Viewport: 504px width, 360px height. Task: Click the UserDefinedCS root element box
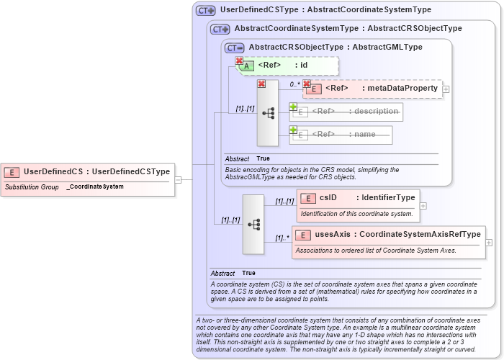click(87, 172)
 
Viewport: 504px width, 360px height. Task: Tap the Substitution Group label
click(32, 187)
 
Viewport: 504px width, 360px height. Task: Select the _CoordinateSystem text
click(95, 187)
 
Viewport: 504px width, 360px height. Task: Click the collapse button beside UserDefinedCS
click(178, 180)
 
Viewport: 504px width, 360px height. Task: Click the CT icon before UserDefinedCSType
click(206, 11)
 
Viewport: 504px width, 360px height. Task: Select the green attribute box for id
click(287, 66)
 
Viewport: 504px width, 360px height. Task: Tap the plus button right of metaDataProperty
click(446, 89)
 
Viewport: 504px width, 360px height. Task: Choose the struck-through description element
click(346, 112)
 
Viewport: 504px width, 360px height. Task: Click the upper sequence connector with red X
click(267, 113)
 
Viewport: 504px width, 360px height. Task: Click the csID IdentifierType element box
click(357, 198)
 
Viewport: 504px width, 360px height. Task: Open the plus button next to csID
click(423, 206)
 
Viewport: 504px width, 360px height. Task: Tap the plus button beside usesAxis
click(490, 243)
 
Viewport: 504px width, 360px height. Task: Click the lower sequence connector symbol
click(253, 224)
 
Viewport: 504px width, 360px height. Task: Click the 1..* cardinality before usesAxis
click(282, 238)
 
